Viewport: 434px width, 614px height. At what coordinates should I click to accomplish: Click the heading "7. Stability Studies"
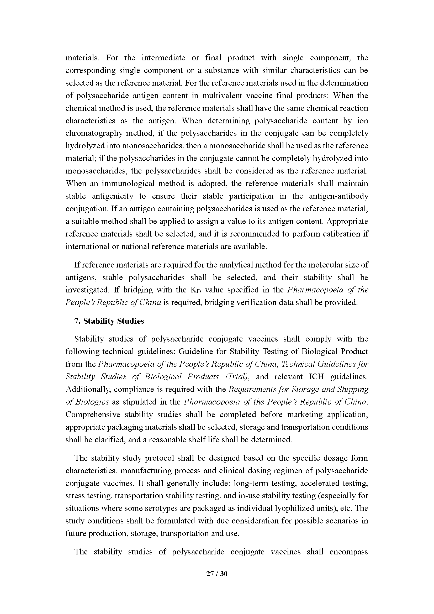(109, 321)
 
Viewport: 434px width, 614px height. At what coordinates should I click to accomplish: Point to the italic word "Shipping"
(353, 389)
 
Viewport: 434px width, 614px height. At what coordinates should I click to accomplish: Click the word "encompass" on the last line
(349, 552)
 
